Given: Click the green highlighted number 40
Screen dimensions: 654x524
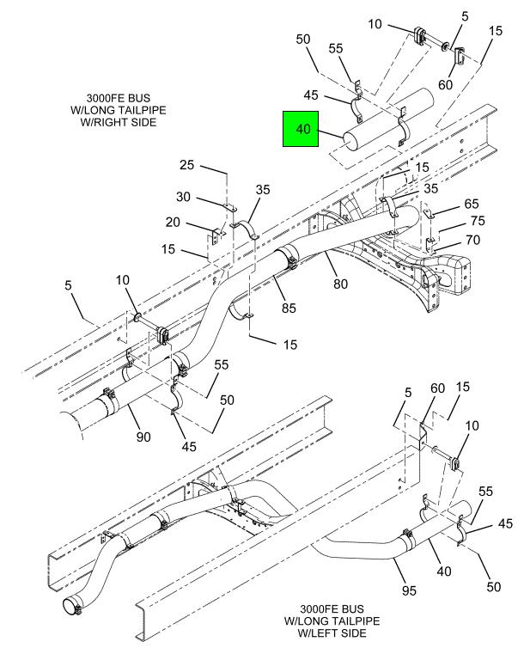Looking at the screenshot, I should click(x=302, y=130).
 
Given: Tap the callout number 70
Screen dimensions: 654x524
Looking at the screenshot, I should click(x=472, y=240).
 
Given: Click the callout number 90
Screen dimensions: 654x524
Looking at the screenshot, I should click(x=143, y=437).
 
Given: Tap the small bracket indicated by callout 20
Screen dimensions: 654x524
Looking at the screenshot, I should click(x=216, y=234).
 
